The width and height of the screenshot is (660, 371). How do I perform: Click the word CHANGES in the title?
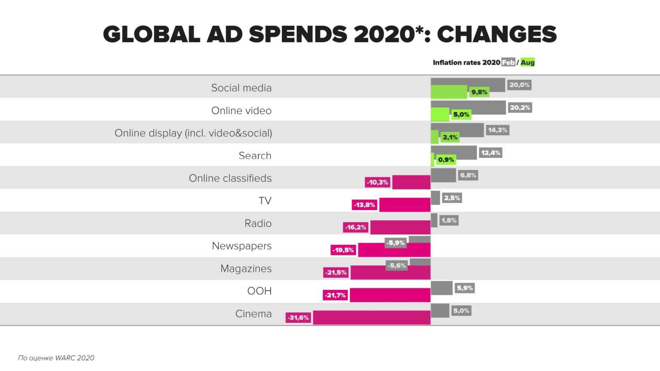click(x=496, y=34)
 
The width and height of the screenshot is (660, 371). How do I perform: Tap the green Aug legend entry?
click(x=528, y=63)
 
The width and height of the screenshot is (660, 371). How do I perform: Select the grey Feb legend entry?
click(x=508, y=63)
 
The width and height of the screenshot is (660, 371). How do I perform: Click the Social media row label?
click(x=241, y=88)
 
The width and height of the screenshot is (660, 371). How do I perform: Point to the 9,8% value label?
click(x=479, y=92)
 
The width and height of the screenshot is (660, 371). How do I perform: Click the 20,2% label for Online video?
click(x=520, y=107)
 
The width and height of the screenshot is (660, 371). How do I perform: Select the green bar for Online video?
click(x=440, y=114)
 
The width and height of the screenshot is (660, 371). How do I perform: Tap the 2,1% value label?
click(x=450, y=137)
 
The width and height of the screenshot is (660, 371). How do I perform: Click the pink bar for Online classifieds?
click(x=411, y=182)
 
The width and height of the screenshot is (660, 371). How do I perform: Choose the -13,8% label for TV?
click(x=364, y=205)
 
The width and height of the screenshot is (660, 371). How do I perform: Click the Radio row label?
click(x=258, y=223)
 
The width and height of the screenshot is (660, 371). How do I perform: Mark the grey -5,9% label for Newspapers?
click(x=395, y=243)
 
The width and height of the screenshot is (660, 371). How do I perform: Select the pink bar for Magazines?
click(x=390, y=273)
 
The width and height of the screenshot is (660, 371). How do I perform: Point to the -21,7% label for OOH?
click(x=335, y=295)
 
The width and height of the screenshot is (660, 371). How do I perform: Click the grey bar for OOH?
click(x=441, y=288)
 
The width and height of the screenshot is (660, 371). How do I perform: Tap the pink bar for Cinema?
click(x=372, y=318)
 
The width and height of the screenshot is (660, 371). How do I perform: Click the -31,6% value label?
click(x=298, y=318)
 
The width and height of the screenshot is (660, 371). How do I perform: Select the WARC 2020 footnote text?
click(x=56, y=358)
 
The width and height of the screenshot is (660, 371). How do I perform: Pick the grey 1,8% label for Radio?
click(x=449, y=220)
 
